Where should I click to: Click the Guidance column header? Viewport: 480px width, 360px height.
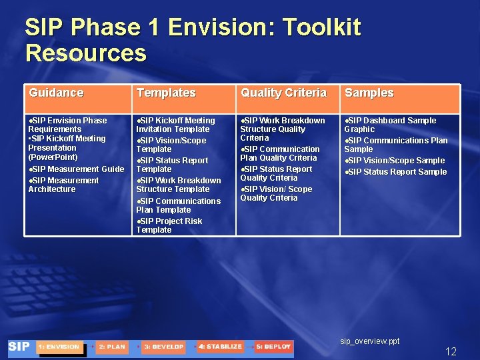click(x=56, y=93)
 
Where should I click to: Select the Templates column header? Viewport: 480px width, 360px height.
click(x=166, y=93)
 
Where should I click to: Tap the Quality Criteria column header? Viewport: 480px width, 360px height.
click(x=283, y=93)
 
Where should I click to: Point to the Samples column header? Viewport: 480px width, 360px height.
click(x=369, y=93)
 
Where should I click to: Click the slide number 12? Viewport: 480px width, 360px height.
click(x=451, y=351)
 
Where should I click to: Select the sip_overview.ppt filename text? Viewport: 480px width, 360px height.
click(x=370, y=341)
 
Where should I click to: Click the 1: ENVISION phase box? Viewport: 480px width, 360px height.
click(x=59, y=347)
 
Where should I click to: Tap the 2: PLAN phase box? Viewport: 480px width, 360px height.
click(x=112, y=347)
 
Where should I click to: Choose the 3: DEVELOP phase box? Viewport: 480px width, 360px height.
click(x=163, y=347)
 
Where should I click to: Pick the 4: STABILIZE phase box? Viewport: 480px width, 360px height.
click(x=220, y=347)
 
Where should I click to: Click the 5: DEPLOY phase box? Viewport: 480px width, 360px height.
click(x=273, y=347)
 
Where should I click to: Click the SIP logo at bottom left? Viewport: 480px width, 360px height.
click(x=19, y=347)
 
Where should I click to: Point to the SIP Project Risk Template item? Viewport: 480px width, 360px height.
click(x=169, y=225)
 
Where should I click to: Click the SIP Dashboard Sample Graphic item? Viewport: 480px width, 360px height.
click(x=390, y=125)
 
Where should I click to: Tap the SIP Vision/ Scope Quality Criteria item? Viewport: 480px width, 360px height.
click(x=276, y=193)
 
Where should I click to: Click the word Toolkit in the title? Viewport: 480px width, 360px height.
click(x=321, y=28)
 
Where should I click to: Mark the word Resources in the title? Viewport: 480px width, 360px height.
click(x=85, y=53)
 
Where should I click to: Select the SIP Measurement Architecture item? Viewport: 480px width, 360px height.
click(x=64, y=185)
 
